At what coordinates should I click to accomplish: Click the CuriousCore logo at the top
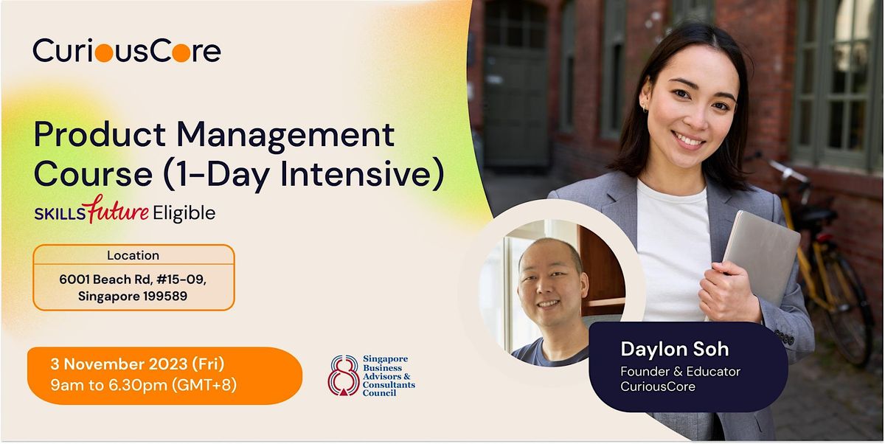(x=127, y=51)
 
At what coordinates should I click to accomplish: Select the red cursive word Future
(x=118, y=209)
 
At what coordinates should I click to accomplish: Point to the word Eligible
(x=184, y=214)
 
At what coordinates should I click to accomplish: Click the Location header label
(x=133, y=256)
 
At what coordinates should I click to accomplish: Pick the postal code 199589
(x=165, y=296)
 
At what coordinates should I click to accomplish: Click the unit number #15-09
(x=181, y=280)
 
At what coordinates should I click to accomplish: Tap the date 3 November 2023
(x=119, y=364)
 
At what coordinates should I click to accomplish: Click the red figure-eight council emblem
(x=344, y=375)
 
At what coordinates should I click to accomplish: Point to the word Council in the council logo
(x=379, y=393)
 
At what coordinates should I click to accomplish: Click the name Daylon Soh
(x=674, y=349)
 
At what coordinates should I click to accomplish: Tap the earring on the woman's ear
(x=645, y=108)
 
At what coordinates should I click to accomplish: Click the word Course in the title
(x=93, y=175)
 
